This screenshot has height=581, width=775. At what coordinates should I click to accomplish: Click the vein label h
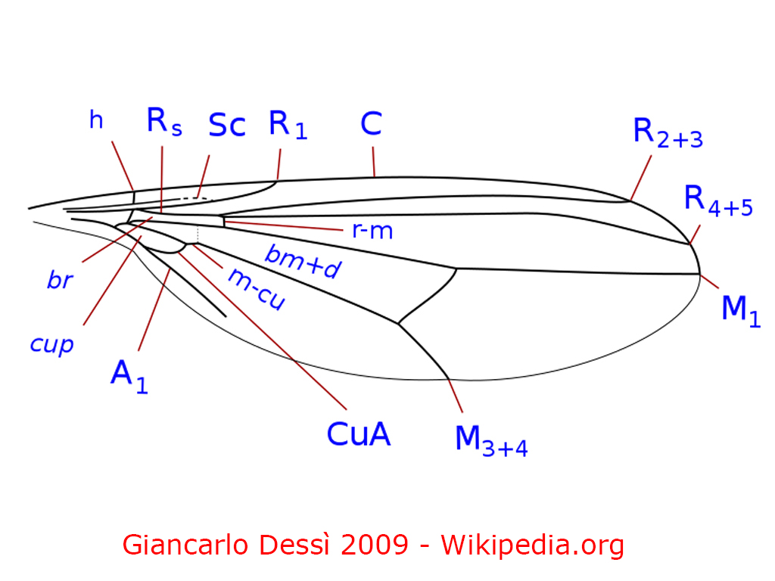click(x=96, y=120)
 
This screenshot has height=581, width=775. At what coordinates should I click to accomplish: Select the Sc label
click(x=227, y=126)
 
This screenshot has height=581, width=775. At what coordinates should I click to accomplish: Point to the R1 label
click(x=288, y=126)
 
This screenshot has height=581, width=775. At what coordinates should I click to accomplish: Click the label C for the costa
click(x=371, y=124)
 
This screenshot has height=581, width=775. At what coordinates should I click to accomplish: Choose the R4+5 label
click(x=717, y=200)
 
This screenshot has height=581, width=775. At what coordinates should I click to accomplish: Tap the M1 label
click(x=740, y=309)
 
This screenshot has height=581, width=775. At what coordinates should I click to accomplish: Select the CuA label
click(x=359, y=434)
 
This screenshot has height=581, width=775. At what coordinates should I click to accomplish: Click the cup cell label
click(x=52, y=344)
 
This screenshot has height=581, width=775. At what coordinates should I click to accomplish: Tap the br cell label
click(x=60, y=281)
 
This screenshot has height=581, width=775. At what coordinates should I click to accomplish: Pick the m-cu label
click(x=257, y=289)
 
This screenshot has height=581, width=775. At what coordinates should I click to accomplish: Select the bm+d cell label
click(x=300, y=262)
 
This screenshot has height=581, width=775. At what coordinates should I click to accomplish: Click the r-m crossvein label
click(x=372, y=230)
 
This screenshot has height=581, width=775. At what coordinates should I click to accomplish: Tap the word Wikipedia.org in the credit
click(x=533, y=544)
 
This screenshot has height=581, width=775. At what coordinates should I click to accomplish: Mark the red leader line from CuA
click(x=265, y=325)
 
